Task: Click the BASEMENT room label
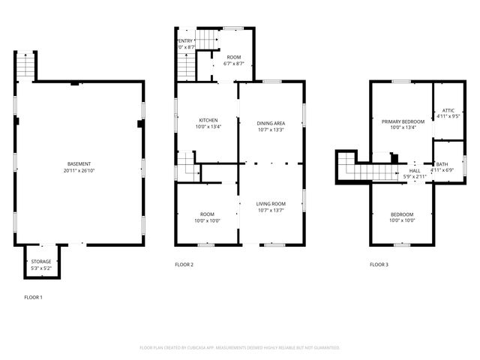pyautogui.click(x=79, y=164)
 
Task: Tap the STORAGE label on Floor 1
pyautogui.click(x=41, y=262)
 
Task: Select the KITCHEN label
pyautogui.click(x=208, y=120)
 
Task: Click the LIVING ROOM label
pyautogui.click(x=271, y=203)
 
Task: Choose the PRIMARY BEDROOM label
pyautogui.click(x=403, y=121)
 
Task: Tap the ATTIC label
pyautogui.click(x=448, y=109)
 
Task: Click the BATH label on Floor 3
pyautogui.click(x=442, y=164)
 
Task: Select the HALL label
pyautogui.click(x=414, y=171)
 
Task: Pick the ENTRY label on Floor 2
pyautogui.click(x=186, y=40)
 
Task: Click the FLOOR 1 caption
pyautogui.click(x=34, y=298)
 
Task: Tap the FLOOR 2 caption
pyautogui.click(x=184, y=265)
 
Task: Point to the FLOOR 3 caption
pyautogui.click(x=379, y=265)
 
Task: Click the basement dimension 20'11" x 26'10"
pyautogui.click(x=79, y=171)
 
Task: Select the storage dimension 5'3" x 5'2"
pyautogui.click(x=41, y=268)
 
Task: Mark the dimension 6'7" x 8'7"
pyautogui.click(x=235, y=64)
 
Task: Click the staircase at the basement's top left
pyautogui.click(x=25, y=66)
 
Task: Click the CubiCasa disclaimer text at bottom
pyautogui.click(x=240, y=348)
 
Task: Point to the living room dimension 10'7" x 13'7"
pyautogui.click(x=271, y=210)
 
